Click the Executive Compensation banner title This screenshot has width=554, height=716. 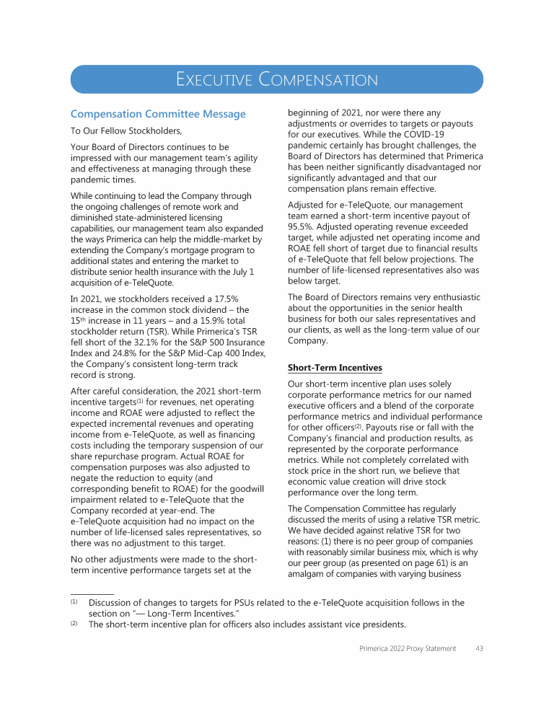[277, 79]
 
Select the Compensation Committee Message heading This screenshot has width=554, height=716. [157, 114]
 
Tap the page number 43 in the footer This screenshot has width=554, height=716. [479, 648]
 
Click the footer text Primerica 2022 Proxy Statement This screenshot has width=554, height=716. [408, 648]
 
